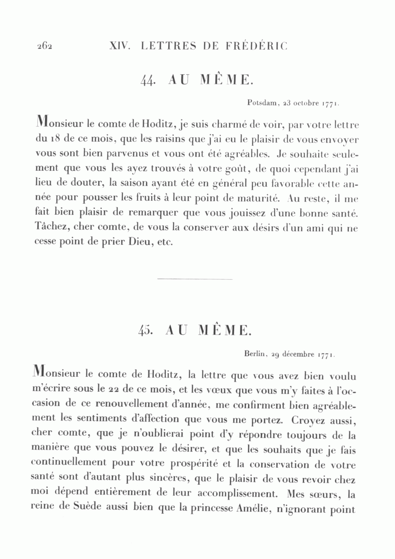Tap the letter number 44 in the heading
click(x=146, y=80)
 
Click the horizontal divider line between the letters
click(x=194, y=279)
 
